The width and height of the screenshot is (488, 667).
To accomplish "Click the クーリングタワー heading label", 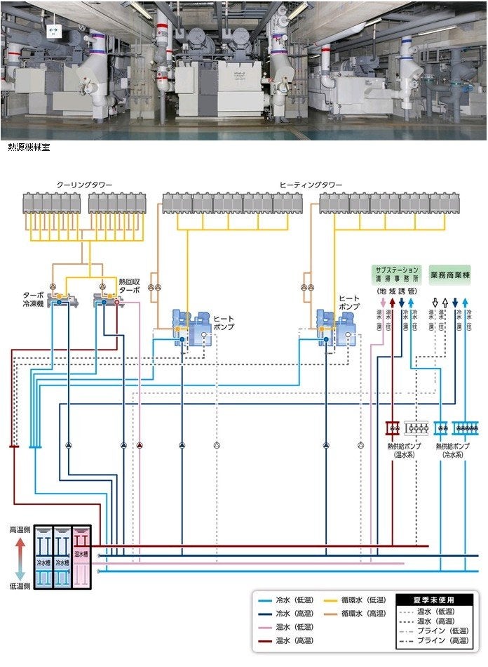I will click(84, 184).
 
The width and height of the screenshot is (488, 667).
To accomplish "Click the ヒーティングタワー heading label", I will click(311, 184).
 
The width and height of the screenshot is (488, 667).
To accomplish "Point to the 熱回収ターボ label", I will click(130, 284).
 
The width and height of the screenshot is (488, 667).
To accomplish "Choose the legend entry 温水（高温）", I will click(288, 640).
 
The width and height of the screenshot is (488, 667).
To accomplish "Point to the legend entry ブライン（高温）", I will click(445, 640).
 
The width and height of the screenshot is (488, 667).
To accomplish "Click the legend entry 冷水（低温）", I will click(288, 600).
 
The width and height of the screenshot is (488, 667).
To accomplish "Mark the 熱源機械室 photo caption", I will click(29, 147).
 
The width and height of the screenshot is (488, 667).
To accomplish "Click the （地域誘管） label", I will click(397, 291).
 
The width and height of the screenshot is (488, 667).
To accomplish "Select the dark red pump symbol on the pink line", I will click(140, 445).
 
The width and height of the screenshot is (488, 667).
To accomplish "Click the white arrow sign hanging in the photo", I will click(52, 30).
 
